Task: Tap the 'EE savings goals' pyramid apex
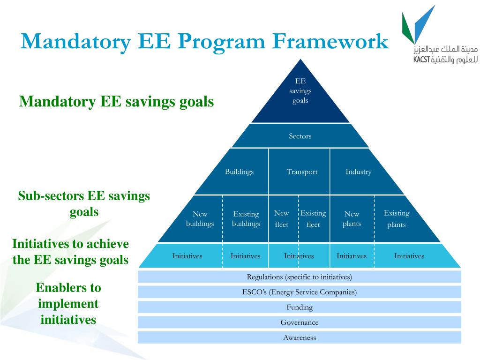300,91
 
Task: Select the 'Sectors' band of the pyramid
300,136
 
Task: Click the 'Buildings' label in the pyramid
239,172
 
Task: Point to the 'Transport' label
302,172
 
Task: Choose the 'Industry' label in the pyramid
359,172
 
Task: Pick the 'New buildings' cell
200,219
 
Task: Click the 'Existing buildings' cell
246,219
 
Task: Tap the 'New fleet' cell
282,219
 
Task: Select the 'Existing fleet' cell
313,219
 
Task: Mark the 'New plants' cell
352,219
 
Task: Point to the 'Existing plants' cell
397,219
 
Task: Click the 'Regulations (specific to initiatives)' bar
300,277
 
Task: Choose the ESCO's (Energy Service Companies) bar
300,292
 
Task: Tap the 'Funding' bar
300,307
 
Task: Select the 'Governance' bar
300,322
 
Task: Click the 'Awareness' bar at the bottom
300,337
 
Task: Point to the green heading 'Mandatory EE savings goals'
116,102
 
